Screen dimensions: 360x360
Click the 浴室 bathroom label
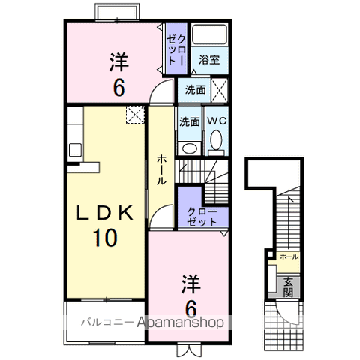[x=209, y=60]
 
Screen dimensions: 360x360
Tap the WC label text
[x=217, y=121]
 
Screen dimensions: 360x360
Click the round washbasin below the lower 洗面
[x=189, y=148]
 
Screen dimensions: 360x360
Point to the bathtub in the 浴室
[x=210, y=34]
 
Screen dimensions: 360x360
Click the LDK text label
[x=104, y=213]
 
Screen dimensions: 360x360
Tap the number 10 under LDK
[x=105, y=237]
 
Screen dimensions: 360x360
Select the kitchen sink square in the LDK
[x=75, y=150]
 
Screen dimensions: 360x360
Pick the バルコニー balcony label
[x=107, y=322]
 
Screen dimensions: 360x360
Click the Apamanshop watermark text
[x=181, y=322]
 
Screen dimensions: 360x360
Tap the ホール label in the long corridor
[x=161, y=169]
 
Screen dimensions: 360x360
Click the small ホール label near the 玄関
[x=289, y=256]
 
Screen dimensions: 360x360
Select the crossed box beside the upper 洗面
[x=219, y=90]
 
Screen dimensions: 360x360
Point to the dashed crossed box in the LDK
[x=135, y=115]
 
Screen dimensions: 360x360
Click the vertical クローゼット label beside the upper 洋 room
[x=176, y=49]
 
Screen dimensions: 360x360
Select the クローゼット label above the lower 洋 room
[x=202, y=217]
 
